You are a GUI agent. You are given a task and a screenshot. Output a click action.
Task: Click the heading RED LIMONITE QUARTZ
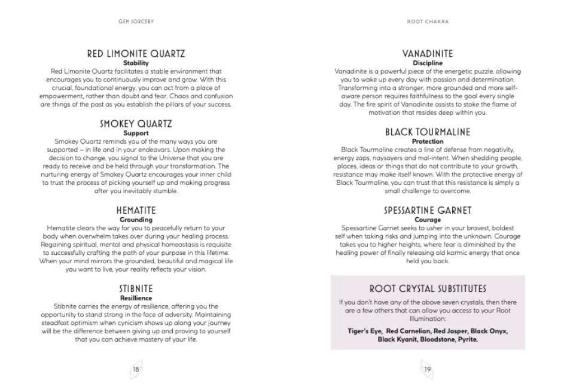(x=136, y=54)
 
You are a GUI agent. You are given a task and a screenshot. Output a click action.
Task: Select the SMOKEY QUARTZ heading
(x=136, y=124)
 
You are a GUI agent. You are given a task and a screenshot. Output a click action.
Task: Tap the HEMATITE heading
(x=136, y=211)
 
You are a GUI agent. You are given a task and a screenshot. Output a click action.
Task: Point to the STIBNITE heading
(x=136, y=288)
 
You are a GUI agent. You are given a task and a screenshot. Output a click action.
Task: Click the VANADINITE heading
(x=428, y=54)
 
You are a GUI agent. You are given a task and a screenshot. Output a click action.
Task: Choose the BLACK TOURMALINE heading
(x=428, y=132)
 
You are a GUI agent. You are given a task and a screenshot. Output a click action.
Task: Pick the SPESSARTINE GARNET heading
(x=428, y=211)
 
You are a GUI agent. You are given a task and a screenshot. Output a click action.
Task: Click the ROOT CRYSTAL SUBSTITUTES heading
(x=428, y=289)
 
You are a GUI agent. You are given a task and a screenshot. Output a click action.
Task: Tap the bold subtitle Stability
(x=136, y=63)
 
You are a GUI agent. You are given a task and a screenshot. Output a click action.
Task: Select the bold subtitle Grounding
(x=136, y=220)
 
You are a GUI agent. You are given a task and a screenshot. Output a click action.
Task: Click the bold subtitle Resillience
(x=136, y=297)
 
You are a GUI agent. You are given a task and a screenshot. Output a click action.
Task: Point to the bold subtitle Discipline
(x=428, y=63)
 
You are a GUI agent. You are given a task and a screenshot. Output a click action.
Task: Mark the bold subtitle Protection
(x=428, y=141)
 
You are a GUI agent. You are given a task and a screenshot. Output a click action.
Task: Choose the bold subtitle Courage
(x=428, y=220)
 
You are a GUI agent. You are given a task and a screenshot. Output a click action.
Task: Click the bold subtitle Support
(x=136, y=133)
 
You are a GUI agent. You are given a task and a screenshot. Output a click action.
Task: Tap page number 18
(x=136, y=369)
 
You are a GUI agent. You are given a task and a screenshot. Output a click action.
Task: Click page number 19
(x=427, y=369)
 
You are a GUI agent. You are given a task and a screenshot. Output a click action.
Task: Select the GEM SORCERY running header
(x=137, y=22)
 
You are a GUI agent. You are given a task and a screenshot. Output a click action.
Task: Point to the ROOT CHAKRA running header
(x=428, y=22)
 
